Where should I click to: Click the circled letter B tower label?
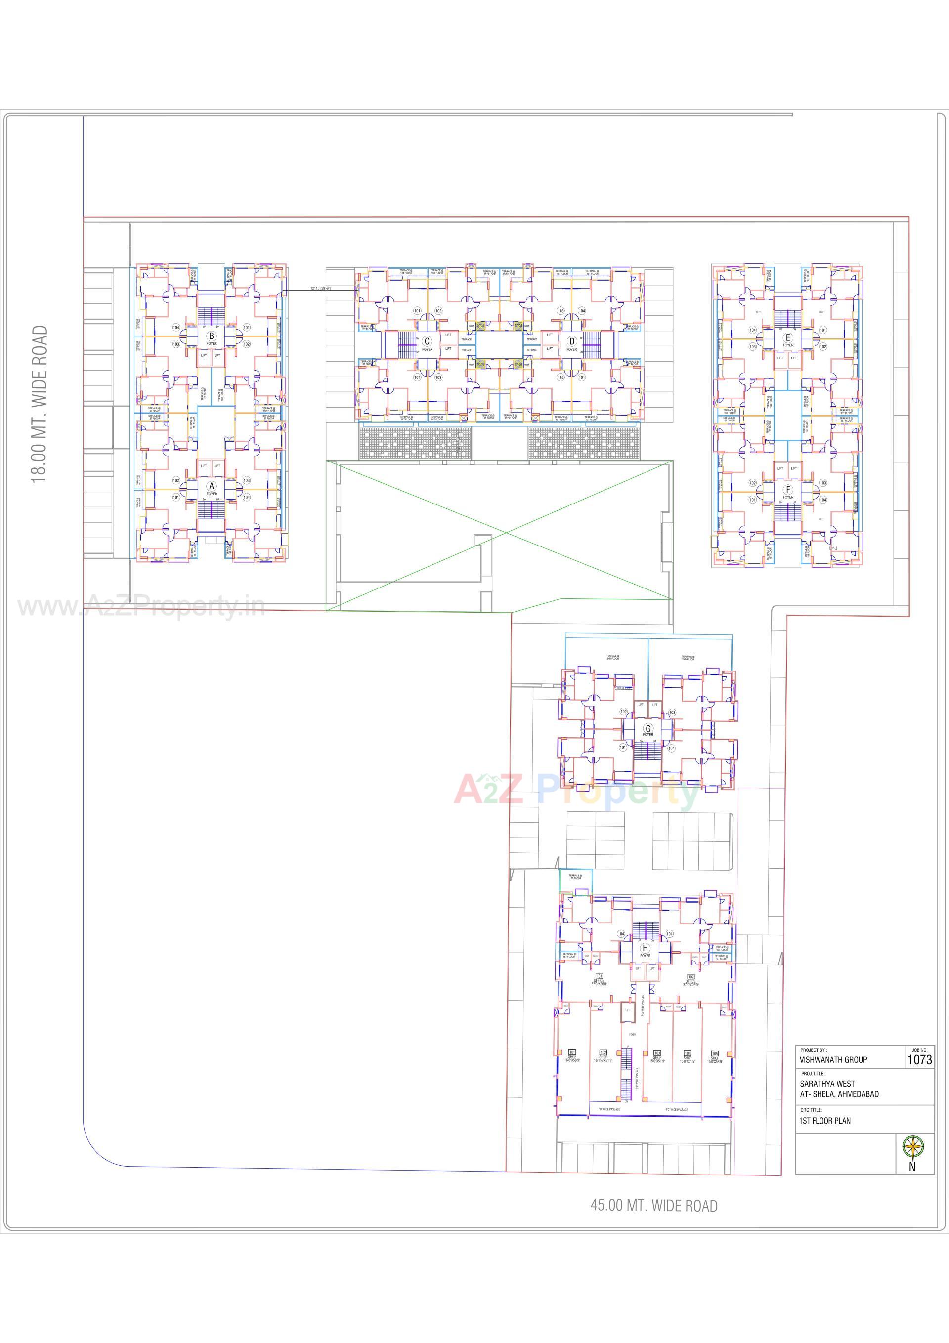point(211,336)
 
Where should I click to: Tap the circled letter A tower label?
point(211,486)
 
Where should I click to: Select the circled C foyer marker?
point(427,341)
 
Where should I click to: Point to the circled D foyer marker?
point(571,341)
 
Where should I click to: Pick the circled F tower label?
point(788,490)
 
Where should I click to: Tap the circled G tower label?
point(647,729)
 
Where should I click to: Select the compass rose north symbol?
point(912,1146)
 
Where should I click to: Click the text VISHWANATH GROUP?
point(833,1060)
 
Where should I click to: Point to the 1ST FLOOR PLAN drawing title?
point(825,1121)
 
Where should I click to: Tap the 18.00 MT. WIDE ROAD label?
point(39,404)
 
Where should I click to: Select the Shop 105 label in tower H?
point(714,1057)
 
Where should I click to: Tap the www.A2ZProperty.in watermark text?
point(140,607)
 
